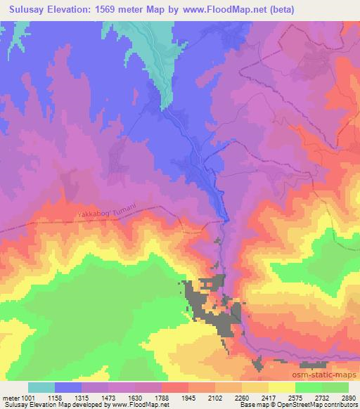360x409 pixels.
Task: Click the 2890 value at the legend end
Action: click(349, 397)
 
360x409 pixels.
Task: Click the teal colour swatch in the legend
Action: click(41, 387)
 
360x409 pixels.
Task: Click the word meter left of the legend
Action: click(12, 397)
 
